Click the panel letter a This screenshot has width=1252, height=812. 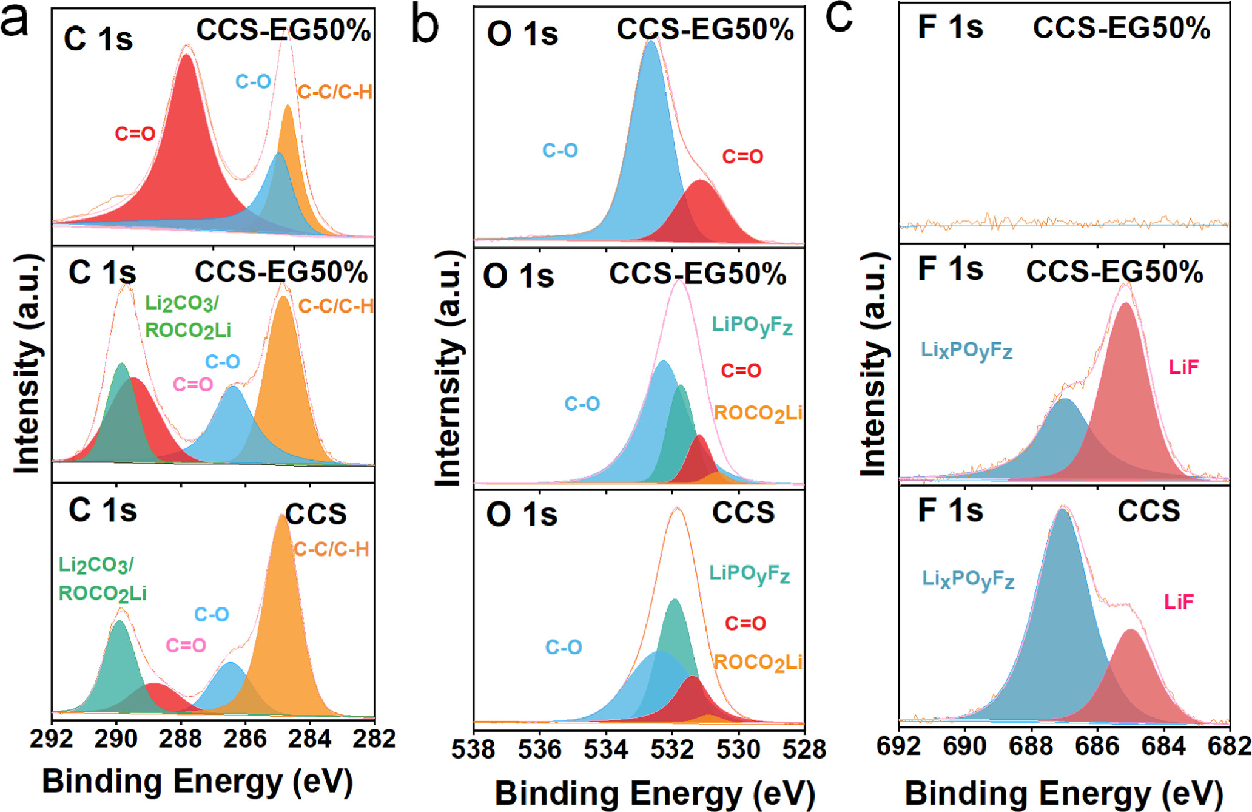(x=15, y=22)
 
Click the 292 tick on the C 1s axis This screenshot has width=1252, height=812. (x=52, y=739)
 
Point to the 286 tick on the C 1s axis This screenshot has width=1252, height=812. (x=246, y=739)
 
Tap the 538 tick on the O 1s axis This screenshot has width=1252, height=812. (x=473, y=749)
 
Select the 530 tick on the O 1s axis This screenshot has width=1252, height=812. (x=738, y=749)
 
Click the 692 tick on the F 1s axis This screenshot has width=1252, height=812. (x=899, y=746)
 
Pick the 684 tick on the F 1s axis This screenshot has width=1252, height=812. (x=1163, y=746)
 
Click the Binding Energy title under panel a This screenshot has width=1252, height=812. (x=198, y=781)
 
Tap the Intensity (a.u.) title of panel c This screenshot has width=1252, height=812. (x=873, y=364)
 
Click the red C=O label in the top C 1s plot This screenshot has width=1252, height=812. (x=135, y=134)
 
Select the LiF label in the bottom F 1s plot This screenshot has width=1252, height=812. (x=1179, y=601)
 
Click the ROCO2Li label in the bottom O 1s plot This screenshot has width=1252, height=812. (x=758, y=662)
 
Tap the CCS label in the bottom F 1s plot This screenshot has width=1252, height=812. (x=1148, y=512)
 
